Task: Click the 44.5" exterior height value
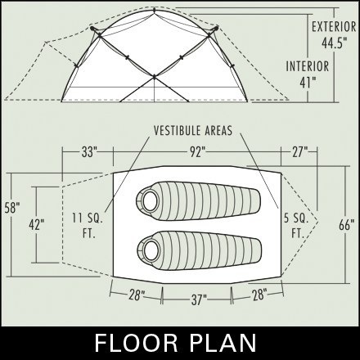pos(335,43)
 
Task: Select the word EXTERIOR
pos(334,27)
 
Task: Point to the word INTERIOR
pos(308,66)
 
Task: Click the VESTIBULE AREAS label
pos(193,131)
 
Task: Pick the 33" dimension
pos(89,152)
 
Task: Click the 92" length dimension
pos(197,152)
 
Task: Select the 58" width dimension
pos(12,208)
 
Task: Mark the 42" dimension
pos(37,224)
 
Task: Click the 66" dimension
pos(347,225)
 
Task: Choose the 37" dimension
pos(199,300)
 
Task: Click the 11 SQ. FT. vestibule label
pos(88,226)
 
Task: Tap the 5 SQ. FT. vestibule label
pos(296,226)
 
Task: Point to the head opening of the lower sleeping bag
pos(150,250)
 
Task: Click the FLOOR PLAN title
pos(176,343)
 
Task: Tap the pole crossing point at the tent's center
pos(154,78)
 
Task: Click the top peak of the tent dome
pos(155,10)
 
